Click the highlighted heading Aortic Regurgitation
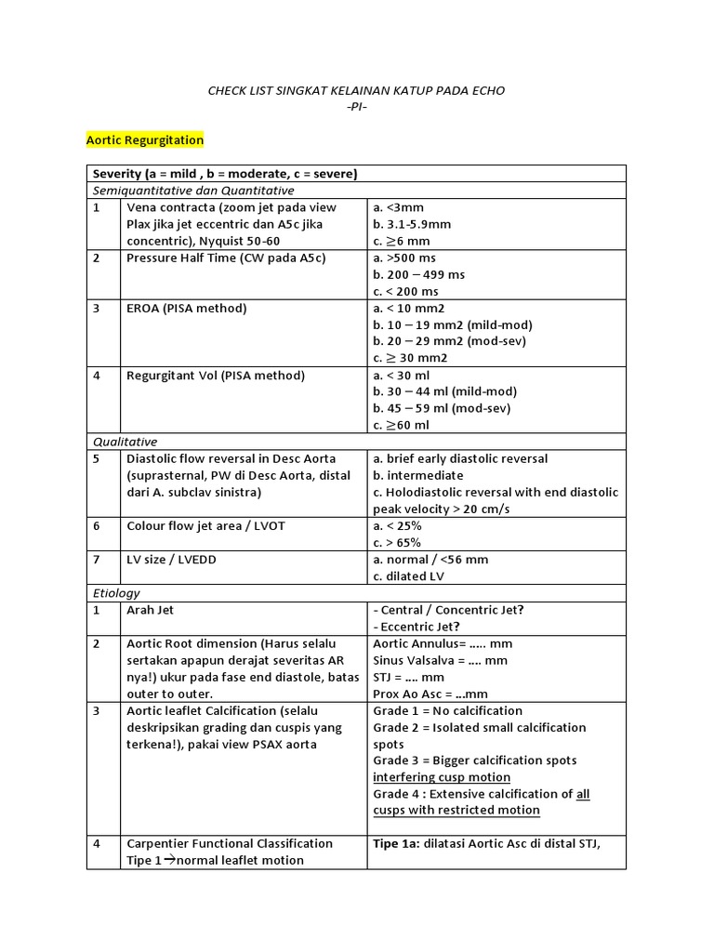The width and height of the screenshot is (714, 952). [144, 139]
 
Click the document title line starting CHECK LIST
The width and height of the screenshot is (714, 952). [356, 90]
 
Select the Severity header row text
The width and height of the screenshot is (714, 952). [225, 174]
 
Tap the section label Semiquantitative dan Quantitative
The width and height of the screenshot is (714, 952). [192, 191]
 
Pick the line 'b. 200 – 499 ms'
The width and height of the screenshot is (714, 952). [418, 274]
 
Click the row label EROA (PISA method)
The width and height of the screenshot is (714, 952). [187, 308]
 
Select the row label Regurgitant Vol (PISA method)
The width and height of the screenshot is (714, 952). [216, 376]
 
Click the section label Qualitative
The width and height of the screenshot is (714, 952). [125, 442]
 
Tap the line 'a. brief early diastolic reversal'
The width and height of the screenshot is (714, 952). [460, 458]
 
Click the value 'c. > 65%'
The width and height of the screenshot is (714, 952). [397, 542]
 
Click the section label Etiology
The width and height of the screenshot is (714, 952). [116, 592]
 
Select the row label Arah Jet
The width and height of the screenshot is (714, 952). [151, 610]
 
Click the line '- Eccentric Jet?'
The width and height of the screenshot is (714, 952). [416, 626]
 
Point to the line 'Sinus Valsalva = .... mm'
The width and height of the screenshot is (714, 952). [440, 660]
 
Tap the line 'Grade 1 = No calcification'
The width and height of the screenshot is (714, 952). [447, 710]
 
